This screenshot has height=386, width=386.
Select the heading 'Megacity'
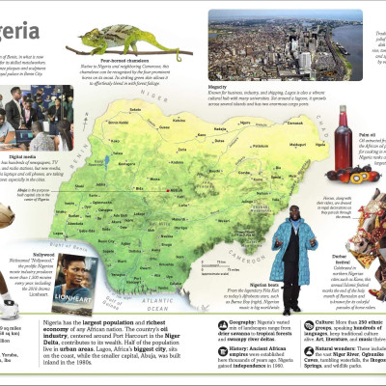click(223, 84)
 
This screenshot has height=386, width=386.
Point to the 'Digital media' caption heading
click(23, 155)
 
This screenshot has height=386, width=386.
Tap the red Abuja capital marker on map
click(172, 191)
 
